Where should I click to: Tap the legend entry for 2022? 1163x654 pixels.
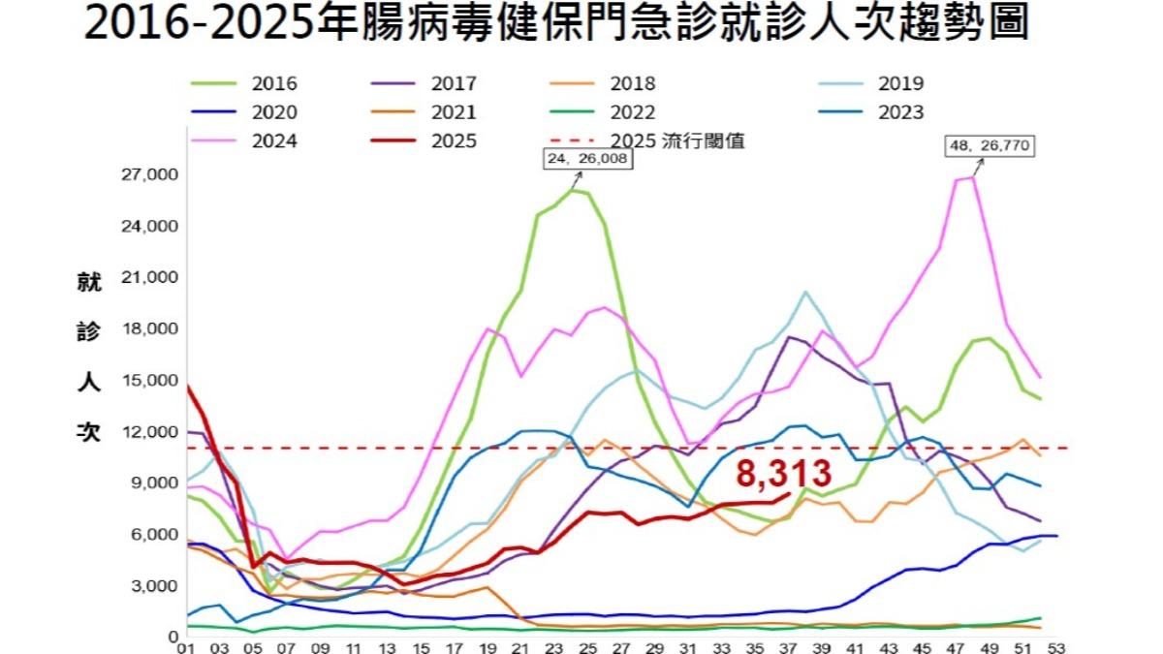pyautogui.click(x=605, y=111)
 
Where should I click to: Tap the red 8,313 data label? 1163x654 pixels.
pyautogui.click(x=783, y=474)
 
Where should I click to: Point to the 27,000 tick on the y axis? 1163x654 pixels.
pyautogui.click(x=149, y=175)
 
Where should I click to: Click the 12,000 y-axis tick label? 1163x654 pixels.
pyautogui.click(x=149, y=431)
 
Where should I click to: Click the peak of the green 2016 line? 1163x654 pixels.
pyautogui.click(x=574, y=190)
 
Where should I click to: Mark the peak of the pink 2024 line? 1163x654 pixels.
pyautogui.click(x=972, y=176)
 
